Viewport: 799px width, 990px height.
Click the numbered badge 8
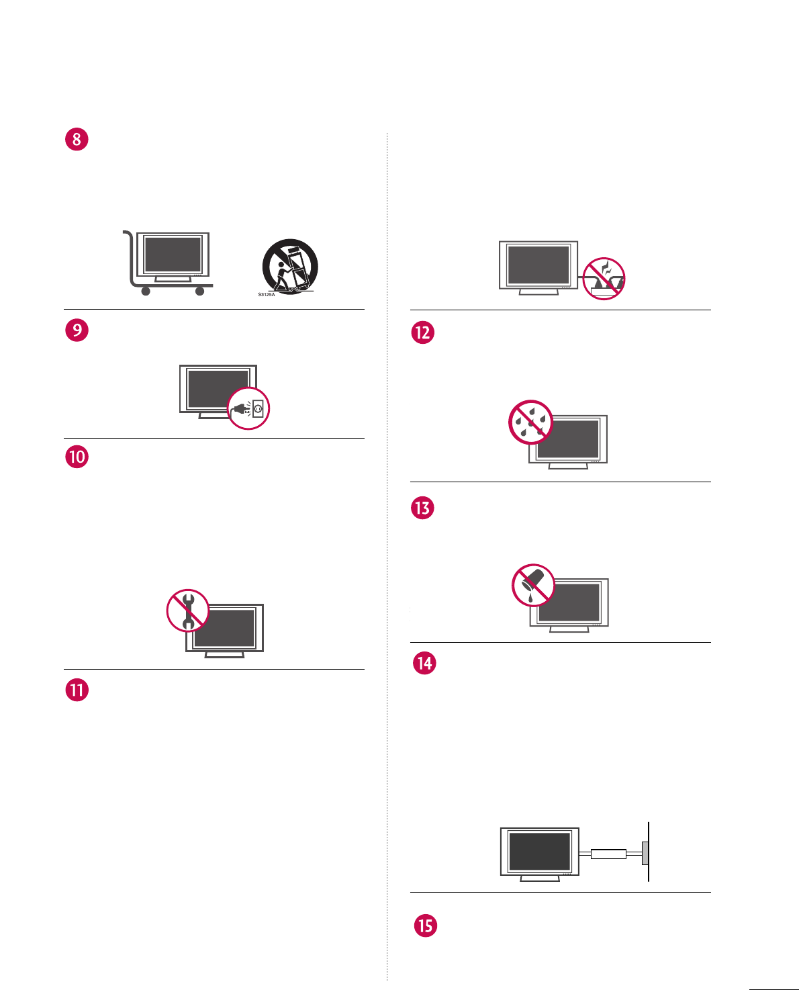click(77, 139)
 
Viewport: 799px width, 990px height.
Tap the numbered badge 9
click(77, 330)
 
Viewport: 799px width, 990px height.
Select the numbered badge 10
click(77, 457)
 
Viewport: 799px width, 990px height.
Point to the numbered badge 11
click(77, 690)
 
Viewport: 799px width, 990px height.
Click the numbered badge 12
click(422, 332)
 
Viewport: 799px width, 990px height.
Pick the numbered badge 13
click(422, 508)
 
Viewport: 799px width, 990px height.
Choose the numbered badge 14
click(424, 664)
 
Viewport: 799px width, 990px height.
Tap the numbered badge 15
click(425, 926)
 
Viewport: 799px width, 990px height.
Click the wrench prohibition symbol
click(188, 611)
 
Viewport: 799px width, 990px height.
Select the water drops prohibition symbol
click(530, 422)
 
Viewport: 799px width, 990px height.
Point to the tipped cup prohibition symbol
click(534, 585)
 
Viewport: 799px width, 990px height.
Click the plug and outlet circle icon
click(248, 408)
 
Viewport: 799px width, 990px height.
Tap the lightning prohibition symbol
click(604, 278)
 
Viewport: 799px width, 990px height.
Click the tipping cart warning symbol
click(290, 266)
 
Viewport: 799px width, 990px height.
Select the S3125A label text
click(267, 295)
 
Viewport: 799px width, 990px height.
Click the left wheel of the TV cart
click(146, 291)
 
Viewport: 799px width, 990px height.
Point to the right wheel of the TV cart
click(199, 291)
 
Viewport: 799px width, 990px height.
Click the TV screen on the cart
click(173, 253)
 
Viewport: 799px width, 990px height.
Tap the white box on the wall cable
click(608, 854)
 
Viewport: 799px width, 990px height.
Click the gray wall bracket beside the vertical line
click(645, 854)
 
